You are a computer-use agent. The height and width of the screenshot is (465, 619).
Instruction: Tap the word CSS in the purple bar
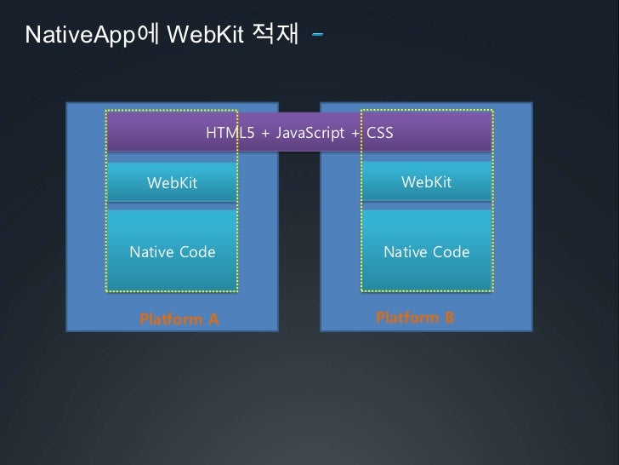(x=380, y=134)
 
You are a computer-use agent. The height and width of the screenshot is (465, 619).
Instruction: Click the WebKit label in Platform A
(x=172, y=183)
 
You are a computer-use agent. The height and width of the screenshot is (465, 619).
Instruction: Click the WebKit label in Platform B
(x=426, y=182)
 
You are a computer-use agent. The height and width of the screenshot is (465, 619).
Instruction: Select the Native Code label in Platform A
(x=172, y=252)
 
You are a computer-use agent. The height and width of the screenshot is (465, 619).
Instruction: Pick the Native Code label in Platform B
(x=427, y=252)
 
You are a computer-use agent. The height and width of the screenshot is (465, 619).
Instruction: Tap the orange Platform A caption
(x=179, y=320)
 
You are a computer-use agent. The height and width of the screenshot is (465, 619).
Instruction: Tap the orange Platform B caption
(x=415, y=318)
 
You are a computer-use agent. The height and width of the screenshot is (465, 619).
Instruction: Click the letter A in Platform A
(x=213, y=320)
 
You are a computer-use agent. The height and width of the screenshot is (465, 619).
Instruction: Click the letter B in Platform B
(x=449, y=318)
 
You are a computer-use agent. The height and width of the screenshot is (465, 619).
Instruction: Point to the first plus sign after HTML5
(x=265, y=135)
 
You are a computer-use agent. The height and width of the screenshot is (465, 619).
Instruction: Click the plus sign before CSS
(x=355, y=135)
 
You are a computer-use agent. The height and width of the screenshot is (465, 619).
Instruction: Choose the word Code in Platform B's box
(x=451, y=252)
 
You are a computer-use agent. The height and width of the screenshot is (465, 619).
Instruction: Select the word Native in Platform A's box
(x=151, y=252)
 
